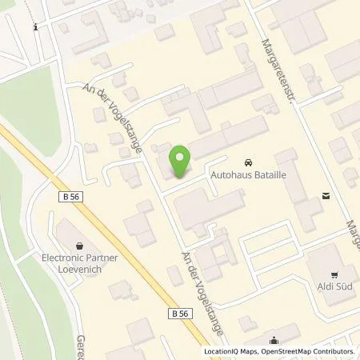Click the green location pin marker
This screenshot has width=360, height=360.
coord(182,162)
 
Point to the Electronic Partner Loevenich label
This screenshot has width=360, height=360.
coord(78,265)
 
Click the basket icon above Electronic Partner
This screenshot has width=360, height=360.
coord(78,246)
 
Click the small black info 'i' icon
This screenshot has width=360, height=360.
coord(36,26)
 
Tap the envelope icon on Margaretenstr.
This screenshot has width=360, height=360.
coord(326,194)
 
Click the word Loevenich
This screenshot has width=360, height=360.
coord(78,270)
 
